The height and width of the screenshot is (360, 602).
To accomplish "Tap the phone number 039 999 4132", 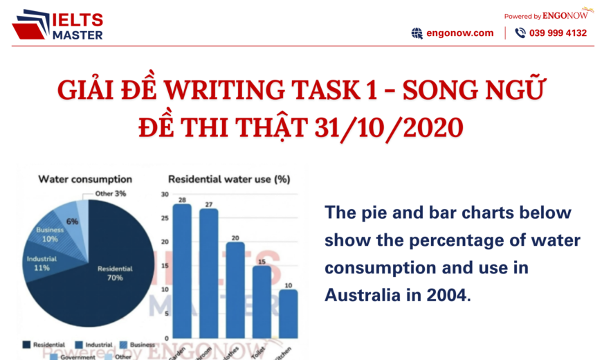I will [558, 33].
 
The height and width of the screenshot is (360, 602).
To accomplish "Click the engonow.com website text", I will [460, 33].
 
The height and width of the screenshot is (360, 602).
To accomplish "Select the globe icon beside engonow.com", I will [417, 33].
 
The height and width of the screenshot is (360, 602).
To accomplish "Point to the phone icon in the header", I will [520, 33].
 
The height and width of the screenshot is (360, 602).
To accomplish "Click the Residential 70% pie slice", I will [111, 277].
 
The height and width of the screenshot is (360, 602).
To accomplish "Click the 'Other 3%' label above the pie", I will [111, 194].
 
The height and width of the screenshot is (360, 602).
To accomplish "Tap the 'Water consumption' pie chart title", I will [85, 179].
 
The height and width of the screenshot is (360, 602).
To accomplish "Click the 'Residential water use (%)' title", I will [228, 179].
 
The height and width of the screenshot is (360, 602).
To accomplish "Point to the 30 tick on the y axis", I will [165, 195].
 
